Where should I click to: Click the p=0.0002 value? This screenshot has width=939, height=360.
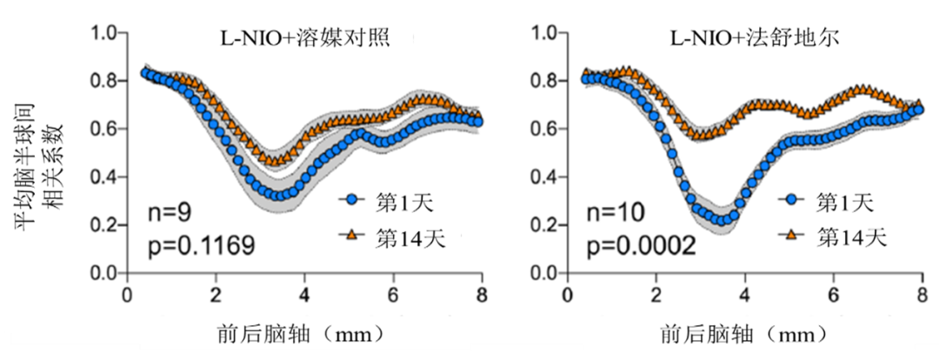pyautogui.click(x=640, y=246)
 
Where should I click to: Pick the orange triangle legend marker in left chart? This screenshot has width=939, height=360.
pyautogui.click(x=350, y=237)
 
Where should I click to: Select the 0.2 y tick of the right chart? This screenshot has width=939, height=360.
pyautogui.click(x=545, y=226)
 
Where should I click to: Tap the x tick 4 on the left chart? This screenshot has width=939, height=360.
pyautogui.click(x=304, y=294)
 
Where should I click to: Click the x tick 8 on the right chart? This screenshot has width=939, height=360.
pyautogui.click(x=922, y=294)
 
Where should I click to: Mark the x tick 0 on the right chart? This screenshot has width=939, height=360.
pyautogui.click(x=569, y=294)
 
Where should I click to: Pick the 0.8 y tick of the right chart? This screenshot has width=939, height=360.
pyautogui.click(x=545, y=82)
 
